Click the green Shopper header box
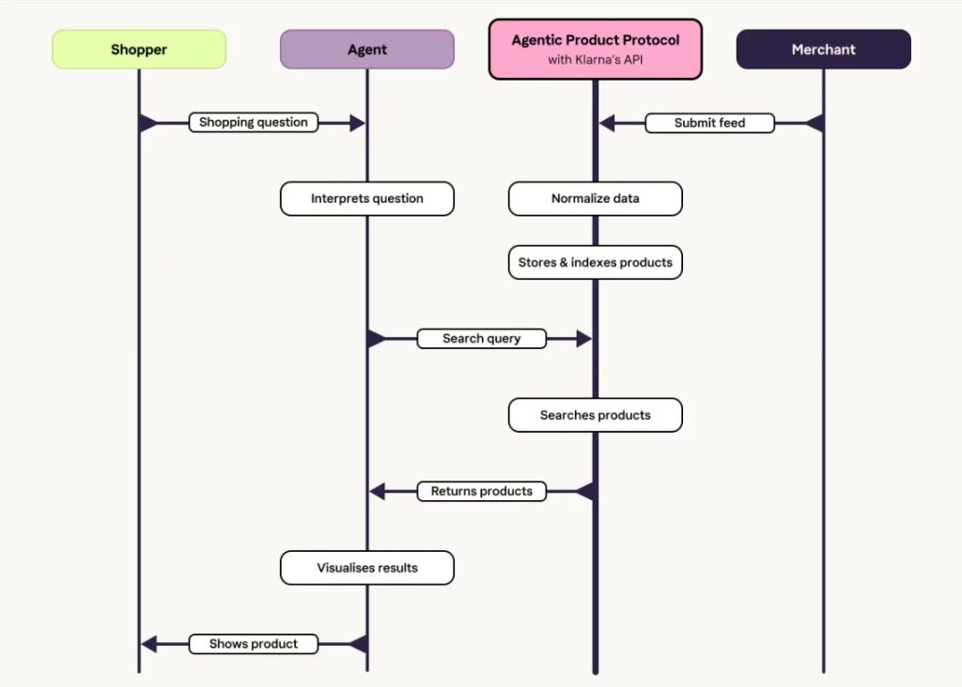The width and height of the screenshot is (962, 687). pos(139,50)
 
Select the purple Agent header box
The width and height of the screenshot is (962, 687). pos(366,50)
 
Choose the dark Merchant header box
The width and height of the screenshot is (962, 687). pos(823,50)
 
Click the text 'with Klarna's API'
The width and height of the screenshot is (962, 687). pos(595,60)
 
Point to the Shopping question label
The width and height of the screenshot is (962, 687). pos(254,122)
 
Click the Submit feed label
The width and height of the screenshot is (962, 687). pos(709,123)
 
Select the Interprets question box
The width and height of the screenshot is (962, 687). pos(366,199)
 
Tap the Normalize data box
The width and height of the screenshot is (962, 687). pos(595,199)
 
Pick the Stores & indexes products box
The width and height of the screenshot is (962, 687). pos(595,263)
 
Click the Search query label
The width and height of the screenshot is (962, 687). pos(481,339)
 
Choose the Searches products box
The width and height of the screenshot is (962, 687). pos(595,415)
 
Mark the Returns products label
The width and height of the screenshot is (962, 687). pos(481,491)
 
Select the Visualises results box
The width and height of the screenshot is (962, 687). pos(366,568)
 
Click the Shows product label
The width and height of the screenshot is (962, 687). pos(254,644)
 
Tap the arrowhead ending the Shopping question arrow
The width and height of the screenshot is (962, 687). pos(358,123)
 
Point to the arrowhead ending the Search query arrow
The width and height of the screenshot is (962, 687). pos(584,339)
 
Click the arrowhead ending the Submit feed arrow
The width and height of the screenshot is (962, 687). pos(607,123)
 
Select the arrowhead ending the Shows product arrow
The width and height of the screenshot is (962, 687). pos(148,644)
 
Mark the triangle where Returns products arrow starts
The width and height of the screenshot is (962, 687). pos(585,491)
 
